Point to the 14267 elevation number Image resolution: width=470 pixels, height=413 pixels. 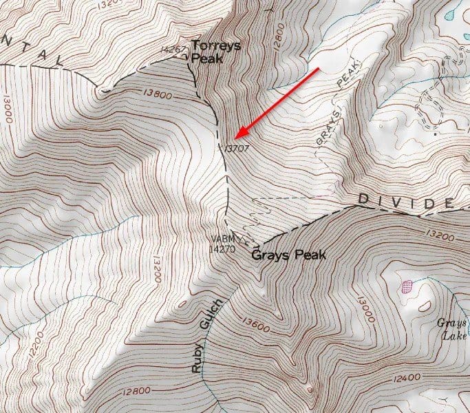(x=173, y=50)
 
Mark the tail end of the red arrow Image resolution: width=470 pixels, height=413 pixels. (x=319, y=69)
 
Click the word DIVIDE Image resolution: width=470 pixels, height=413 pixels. (x=405, y=202)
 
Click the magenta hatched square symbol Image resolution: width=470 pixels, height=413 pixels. (x=407, y=285)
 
